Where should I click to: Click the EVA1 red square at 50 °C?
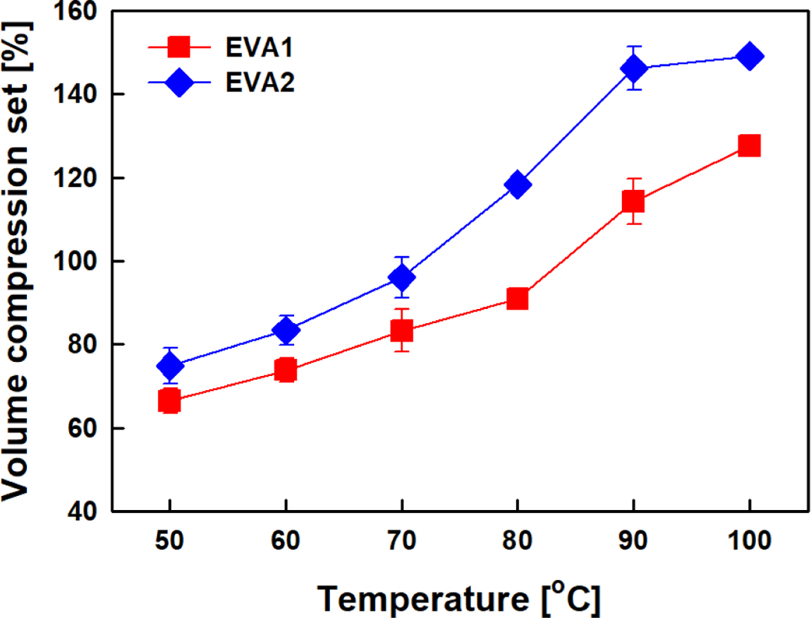coord(169,401)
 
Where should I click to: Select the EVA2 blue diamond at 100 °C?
coord(749,56)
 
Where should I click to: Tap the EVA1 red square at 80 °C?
coord(518,298)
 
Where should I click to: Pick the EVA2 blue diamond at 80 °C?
coord(518,184)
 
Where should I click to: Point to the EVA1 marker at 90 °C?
coord(633,202)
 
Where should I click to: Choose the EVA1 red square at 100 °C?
coord(749,146)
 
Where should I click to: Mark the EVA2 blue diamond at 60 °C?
coord(286,329)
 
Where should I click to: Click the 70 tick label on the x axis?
coord(402,543)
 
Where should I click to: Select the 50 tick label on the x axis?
coord(169,543)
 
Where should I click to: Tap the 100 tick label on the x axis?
coord(749,543)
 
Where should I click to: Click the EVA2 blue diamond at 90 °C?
coord(633,68)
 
